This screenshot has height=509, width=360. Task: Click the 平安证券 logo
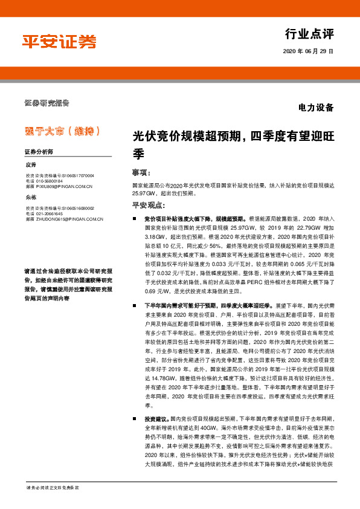[59, 42]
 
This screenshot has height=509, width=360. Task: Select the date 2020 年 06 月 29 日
[308, 52]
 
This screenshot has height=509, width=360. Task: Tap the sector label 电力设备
[316, 108]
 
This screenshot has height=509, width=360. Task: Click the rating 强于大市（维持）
[57, 131]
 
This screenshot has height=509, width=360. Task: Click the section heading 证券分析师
[39, 151]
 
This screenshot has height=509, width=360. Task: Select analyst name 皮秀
[31, 164]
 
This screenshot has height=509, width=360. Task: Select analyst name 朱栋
[31, 197]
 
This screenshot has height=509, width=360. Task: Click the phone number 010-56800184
[49, 180]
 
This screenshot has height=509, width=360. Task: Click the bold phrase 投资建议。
[156, 418]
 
